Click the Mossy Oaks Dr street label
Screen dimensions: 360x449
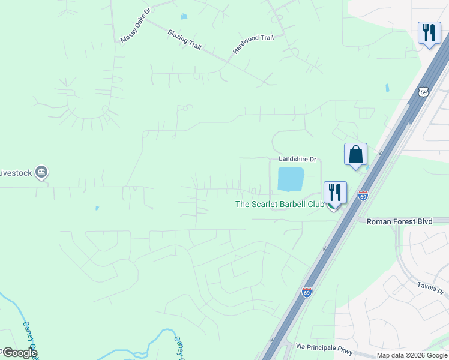tap(137, 26)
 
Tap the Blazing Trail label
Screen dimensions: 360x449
tap(185, 39)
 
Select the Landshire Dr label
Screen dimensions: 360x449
tap(297, 160)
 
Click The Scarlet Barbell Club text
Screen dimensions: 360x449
tap(279, 204)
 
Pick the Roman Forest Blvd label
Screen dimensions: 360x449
tap(399, 221)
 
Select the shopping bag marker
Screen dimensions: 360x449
tap(355, 154)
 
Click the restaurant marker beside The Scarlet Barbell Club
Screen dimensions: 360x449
tap(335, 193)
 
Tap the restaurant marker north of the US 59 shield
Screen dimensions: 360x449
tap(429, 32)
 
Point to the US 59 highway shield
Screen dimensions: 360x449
tap(424, 92)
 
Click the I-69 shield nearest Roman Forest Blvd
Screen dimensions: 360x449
tap(363, 196)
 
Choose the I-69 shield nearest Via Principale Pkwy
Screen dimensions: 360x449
tap(307, 292)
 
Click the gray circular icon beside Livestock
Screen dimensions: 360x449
tap(41, 173)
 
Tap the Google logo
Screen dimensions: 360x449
tap(19, 352)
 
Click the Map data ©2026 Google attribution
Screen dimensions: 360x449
tap(412, 355)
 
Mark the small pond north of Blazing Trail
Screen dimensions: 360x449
tap(184, 16)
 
